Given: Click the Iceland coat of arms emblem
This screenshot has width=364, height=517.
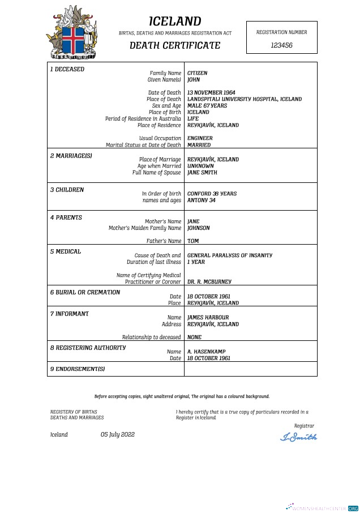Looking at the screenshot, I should tap(71, 33).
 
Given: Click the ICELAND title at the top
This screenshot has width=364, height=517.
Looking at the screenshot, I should tap(175, 22).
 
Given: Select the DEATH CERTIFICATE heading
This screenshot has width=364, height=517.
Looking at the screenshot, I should tap(175, 46).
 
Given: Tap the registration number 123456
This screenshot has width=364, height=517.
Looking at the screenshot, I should tap(281, 45).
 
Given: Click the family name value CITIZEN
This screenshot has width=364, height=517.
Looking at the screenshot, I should tap(198, 73).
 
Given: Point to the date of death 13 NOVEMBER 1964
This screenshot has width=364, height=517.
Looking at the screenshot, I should tap(211, 92).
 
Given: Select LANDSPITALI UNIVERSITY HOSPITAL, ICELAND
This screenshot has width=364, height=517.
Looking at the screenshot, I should tap(244, 99).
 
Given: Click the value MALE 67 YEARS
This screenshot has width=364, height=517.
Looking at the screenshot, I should tap(207, 106).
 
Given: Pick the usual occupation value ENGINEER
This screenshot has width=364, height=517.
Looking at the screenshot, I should tap(200, 138).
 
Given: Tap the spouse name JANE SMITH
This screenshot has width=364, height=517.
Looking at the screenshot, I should tap(202, 173).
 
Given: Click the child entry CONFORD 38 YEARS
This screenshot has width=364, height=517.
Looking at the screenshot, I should tap(212, 194).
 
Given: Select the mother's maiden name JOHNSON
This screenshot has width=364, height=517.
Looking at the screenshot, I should tap(199, 228).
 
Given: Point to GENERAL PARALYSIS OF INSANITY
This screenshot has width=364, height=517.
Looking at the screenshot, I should tap(229, 255).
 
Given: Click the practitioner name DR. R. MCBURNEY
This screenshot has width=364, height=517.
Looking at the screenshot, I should tap(209, 281).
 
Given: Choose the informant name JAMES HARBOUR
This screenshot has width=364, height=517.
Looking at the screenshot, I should tap(208, 318).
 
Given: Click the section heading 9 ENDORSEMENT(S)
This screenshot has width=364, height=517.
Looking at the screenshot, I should tap(78, 369).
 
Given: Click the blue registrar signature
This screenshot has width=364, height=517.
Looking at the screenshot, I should tap(299, 437).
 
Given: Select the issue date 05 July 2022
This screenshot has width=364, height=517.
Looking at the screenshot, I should tap(118, 434).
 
